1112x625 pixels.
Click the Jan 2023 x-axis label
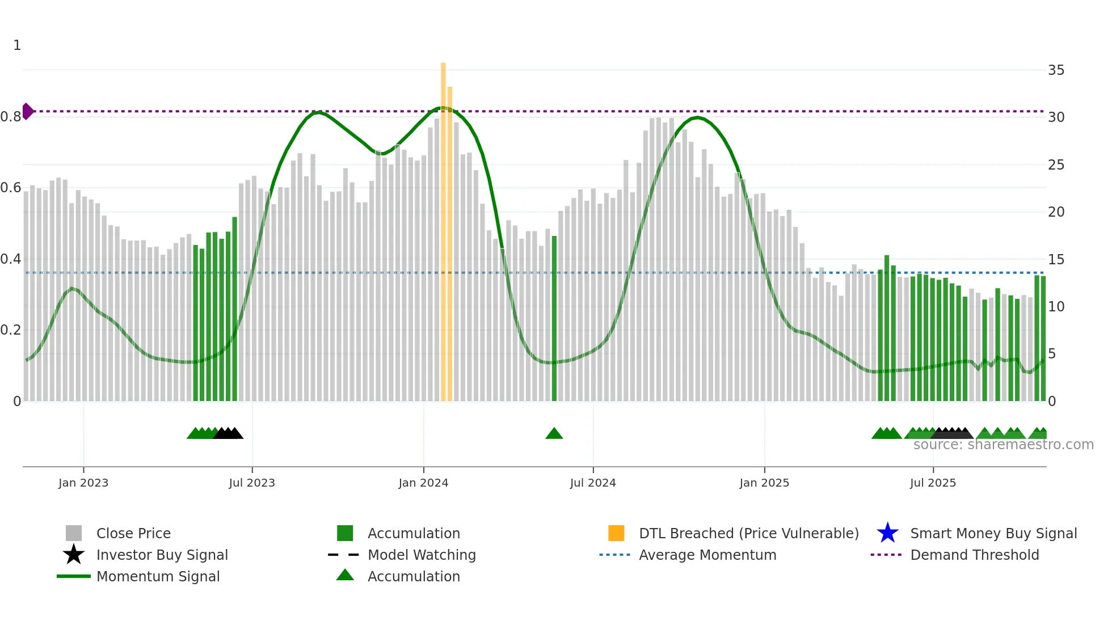[83, 483]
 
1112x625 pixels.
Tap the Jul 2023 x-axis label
[252, 483]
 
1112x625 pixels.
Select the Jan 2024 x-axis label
[423, 483]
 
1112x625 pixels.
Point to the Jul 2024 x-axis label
[593, 483]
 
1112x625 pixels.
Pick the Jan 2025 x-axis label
[764, 483]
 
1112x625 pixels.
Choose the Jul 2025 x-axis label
[933, 483]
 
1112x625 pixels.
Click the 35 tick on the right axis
[1056, 70]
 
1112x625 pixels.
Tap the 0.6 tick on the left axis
[11, 188]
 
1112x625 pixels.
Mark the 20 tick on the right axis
[1056, 212]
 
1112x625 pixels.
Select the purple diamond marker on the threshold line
[27, 111]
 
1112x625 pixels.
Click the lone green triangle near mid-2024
[554, 434]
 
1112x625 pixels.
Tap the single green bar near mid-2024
[554, 318]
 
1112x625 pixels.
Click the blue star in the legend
[887, 533]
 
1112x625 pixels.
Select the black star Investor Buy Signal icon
[74, 555]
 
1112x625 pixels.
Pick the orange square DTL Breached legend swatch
[616, 533]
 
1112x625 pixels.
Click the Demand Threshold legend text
[974, 555]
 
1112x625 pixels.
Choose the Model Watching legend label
[422, 555]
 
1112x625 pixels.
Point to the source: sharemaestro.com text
[1003, 445]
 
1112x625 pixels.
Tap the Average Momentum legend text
[707, 555]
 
